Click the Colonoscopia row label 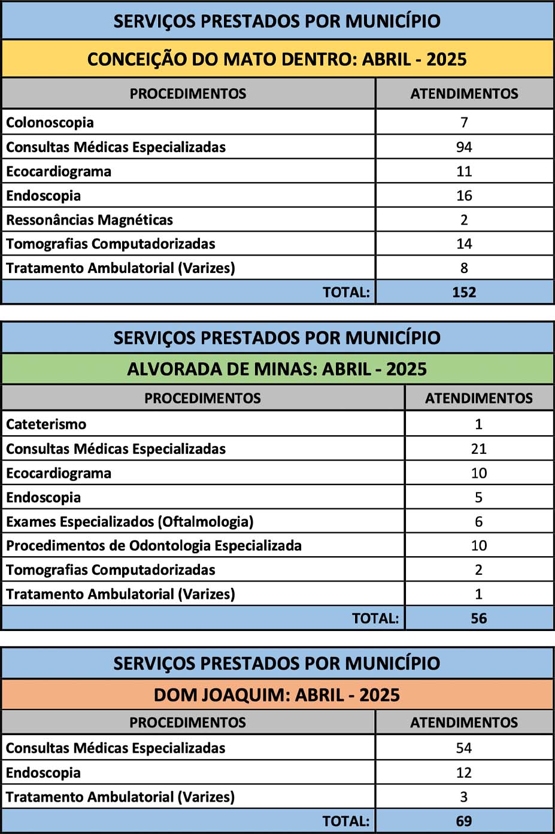(x=50, y=123)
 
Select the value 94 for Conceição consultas (x=464, y=147)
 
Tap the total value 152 (x=464, y=292)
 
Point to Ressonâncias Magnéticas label (x=89, y=220)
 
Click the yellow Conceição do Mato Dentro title (x=277, y=59)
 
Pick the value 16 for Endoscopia (x=464, y=196)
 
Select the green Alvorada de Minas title (x=277, y=369)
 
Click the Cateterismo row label (x=46, y=424)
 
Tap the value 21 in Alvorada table (x=478, y=449)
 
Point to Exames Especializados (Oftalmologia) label (x=129, y=521)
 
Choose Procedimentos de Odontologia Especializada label (x=154, y=545)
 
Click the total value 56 (x=478, y=618)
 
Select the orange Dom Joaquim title (x=277, y=695)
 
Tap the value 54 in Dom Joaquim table (x=463, y=748)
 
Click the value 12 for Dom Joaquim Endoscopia (x=463, y=773)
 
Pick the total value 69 (x=463, y=821)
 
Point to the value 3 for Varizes (x=463, y=797)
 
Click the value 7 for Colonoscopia (x=464, y=123)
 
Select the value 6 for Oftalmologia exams (x=478, y=521)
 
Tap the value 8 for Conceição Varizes (x=464, y=268)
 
